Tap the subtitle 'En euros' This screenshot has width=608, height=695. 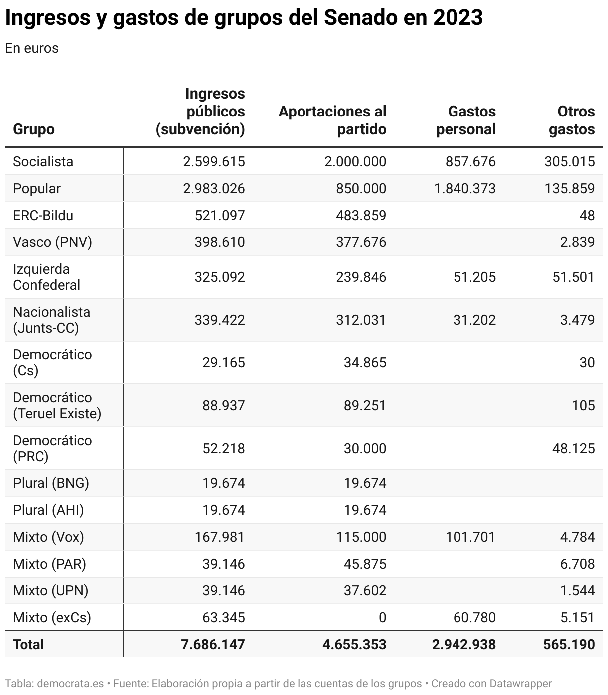pos(32,48)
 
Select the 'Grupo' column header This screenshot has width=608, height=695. pos(33,129)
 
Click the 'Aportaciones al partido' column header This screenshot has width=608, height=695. pos(332,120)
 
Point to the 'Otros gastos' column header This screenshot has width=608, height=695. pos(572,120)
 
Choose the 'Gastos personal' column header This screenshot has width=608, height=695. pos(466,120)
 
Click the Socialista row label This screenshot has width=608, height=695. pos(43,162)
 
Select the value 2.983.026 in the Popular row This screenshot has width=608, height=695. pos(214,189)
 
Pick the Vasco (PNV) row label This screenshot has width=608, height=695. pos(52,242)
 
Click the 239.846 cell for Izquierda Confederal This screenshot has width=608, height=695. pos(365,277)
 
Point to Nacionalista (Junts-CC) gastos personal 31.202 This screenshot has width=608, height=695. pos(474,320)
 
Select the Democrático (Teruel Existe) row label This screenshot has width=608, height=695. pos(57,406)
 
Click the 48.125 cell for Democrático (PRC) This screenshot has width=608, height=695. pos(573,449)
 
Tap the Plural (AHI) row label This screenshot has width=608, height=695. pos(48,510)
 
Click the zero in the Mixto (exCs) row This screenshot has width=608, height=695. pos(382,618)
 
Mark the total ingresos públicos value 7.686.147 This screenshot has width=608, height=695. pos(213,645)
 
